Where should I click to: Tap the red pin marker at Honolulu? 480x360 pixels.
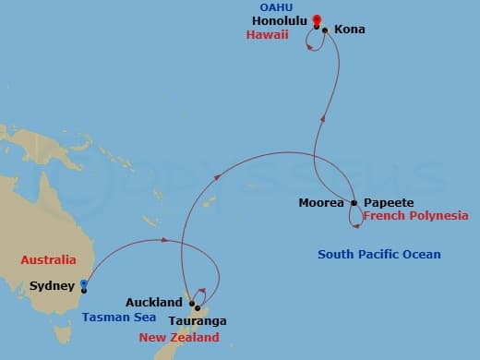coord(317,19)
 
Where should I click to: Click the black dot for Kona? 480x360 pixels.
coord(325,30)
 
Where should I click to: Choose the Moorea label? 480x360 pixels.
coord(321,202)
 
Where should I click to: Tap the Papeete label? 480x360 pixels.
coord(382,202)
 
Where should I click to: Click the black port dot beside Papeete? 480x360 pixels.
coord(353,202)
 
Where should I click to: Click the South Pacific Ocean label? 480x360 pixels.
coord(378,254)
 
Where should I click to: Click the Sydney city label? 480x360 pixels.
coord(52,286)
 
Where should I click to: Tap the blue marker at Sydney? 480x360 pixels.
coord(83,285)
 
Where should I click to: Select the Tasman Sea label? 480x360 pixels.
coord(112,317)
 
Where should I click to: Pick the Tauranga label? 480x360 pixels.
coord(198,321)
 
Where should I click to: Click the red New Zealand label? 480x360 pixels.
coord(179,338)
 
